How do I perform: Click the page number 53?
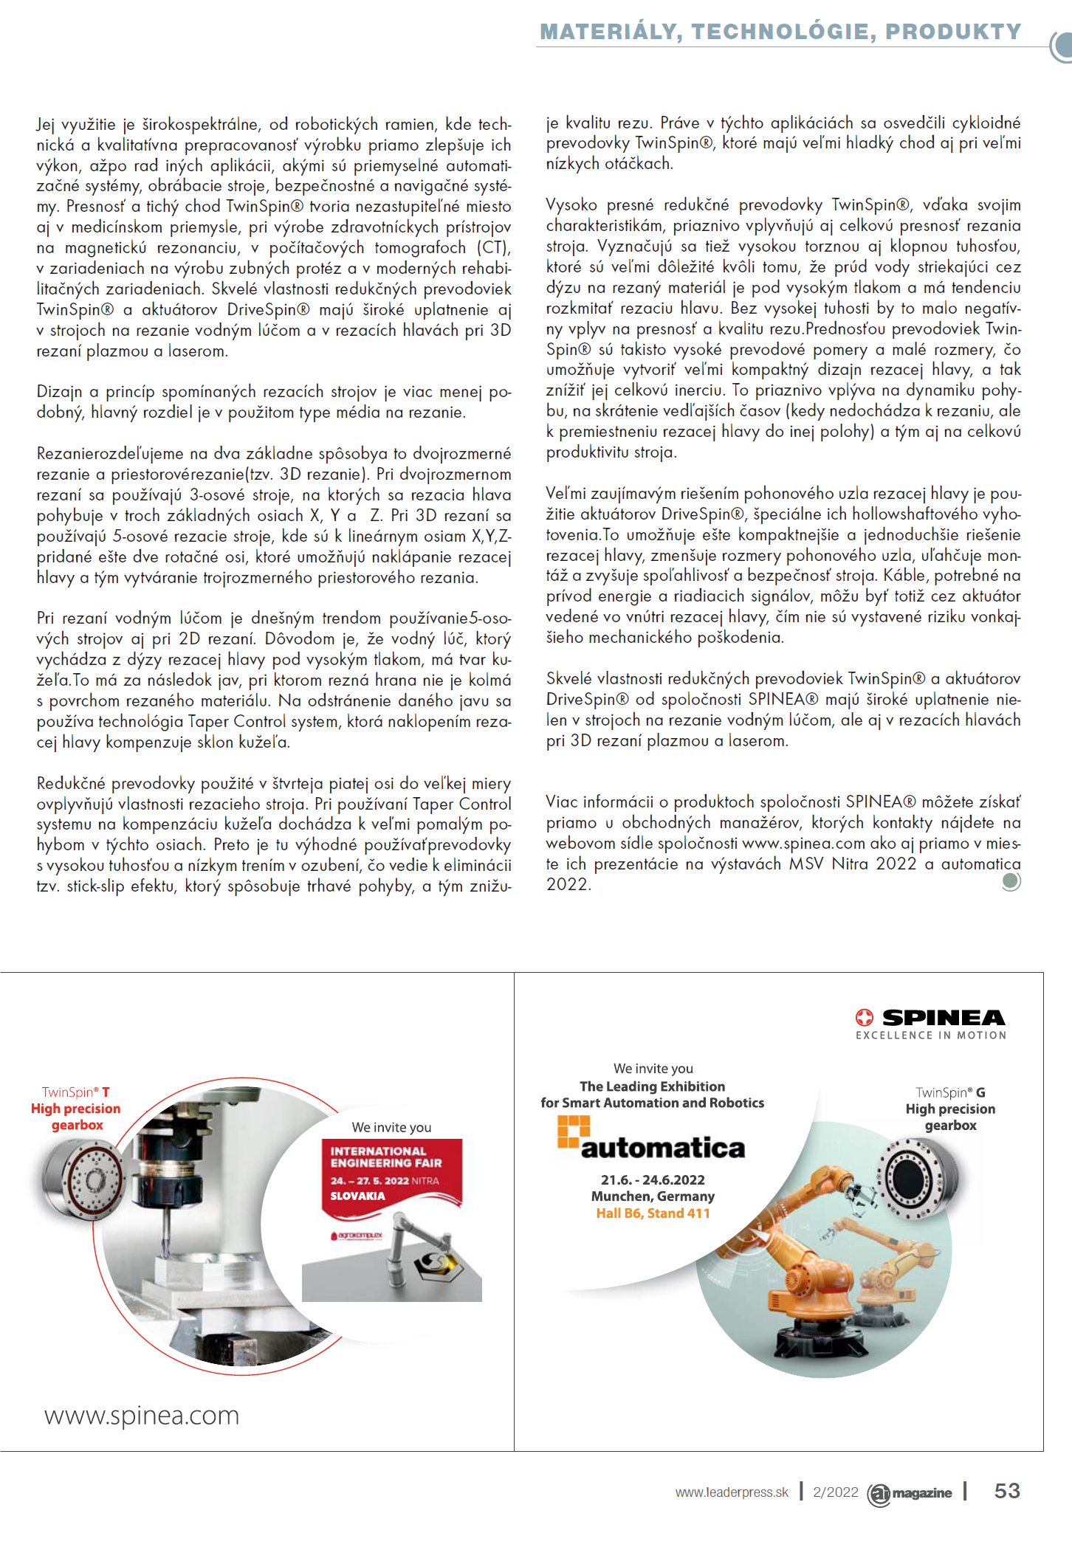point(1007,1491)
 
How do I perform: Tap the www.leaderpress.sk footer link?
point(732,1492)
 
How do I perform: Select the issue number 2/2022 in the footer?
point(835,1492)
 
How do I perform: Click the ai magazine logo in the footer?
point(910,1493)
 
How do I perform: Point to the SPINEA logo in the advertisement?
point(930,1018)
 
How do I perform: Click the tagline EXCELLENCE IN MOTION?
point(931,1036)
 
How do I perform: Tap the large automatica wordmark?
point(662,1148)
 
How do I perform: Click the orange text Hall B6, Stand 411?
point(653,1213)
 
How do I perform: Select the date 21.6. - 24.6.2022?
point(653,1180)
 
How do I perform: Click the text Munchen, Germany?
point(653,1196)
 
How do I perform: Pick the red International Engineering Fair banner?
point(391,1173)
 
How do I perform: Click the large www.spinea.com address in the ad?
point(142,1416)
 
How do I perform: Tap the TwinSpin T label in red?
point(76,1092)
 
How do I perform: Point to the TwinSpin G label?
point(950,1093)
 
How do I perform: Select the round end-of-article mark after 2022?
point(1011,881)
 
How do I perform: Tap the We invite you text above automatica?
point(653,1069)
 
